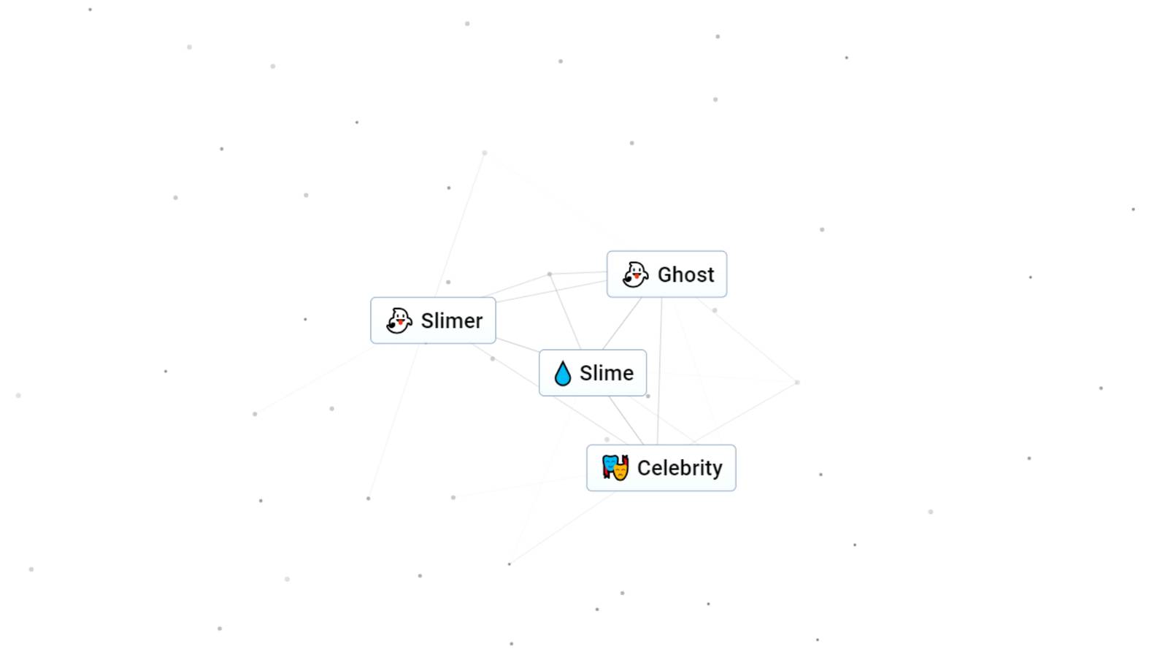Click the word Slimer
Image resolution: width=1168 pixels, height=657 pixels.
tap(451, 320)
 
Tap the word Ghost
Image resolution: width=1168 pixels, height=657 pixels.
tap(685, 274)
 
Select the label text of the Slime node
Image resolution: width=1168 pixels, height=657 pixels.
tap(606, 373)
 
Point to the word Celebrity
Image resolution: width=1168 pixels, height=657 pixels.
tap(680, 468)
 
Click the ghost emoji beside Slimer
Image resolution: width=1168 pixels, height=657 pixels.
tap(399, 320)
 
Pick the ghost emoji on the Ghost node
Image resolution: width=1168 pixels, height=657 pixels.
tap(635, 274)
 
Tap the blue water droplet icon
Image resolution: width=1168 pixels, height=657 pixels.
tap(562, 373)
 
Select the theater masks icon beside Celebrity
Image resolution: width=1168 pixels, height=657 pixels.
tap(615, 468)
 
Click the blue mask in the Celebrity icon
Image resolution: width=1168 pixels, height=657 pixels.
tap(610, 464)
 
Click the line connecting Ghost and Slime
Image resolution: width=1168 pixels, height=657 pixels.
tap(621, 323)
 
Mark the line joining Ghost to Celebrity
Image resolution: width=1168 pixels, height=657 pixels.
tap(659, 372)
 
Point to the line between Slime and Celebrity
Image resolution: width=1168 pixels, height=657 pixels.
tap(626, 420)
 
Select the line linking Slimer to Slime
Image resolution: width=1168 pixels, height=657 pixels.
tap(518, 345)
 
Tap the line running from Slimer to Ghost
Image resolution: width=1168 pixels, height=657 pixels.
tap(551, 291)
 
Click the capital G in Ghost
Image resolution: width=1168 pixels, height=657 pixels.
tap(665, 274)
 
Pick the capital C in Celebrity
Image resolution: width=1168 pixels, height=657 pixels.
tap(645, 468)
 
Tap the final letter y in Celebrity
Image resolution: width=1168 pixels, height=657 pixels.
tap(718, 470)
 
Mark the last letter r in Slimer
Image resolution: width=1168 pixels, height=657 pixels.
tap(478, 322)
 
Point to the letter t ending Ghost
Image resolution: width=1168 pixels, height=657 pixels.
tap(710, 275)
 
